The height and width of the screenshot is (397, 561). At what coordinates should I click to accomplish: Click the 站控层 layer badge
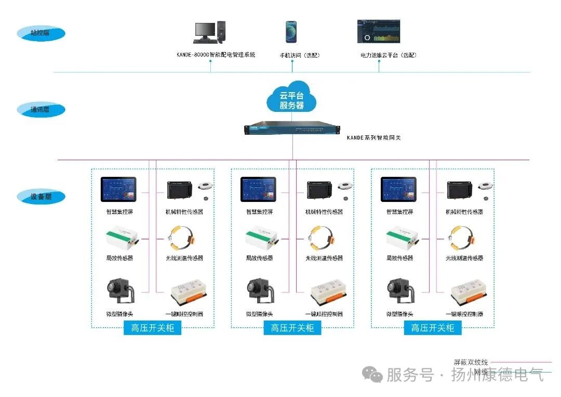click(41, 33)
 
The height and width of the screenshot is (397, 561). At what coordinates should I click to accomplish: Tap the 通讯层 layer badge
click(41, 110)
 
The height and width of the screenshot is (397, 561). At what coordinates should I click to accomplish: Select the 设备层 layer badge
click(41, 197)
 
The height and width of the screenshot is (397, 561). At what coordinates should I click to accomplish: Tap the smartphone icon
click(291, 32)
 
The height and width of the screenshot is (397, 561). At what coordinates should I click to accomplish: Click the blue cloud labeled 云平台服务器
click(291, 97)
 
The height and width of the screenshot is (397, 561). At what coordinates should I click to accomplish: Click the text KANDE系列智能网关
click(373, 138)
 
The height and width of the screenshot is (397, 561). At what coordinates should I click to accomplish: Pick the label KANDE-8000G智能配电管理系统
click(216, 55)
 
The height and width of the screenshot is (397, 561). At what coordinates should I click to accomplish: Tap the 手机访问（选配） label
click(300, 55)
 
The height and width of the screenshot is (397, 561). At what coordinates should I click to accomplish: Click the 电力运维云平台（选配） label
click(389, 55)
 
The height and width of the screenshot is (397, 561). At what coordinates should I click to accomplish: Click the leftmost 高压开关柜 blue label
click(152, 328)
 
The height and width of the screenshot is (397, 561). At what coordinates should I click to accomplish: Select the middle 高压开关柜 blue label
click(292, 328)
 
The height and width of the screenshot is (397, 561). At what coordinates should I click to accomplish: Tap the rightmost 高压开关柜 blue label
click(433, 328)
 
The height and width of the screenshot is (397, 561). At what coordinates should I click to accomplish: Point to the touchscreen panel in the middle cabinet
click(258, 189)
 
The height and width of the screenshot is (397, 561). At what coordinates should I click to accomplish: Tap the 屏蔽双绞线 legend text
click(471, 362)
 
